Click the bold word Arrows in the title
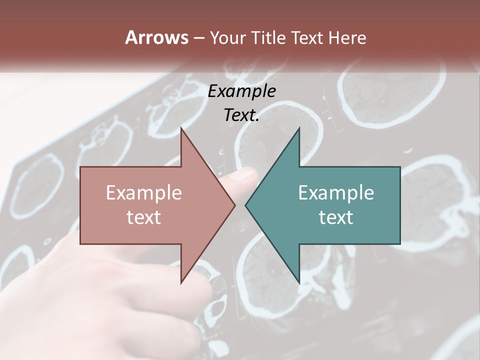click(156, 38)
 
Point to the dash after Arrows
click(198, 38)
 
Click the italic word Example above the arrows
click(241, 91)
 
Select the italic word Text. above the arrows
click(241, 115)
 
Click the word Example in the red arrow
click(144, 193)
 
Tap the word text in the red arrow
click(144, 217)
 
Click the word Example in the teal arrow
click(336, 193)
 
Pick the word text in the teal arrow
click(336, 217)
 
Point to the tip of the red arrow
click(234, 205)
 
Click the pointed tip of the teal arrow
click(246, 205)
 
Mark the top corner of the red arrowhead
click(181, 128)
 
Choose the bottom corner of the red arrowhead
click(181, 282)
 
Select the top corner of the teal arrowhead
click(299, 128)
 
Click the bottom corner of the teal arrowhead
click(299, 282)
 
